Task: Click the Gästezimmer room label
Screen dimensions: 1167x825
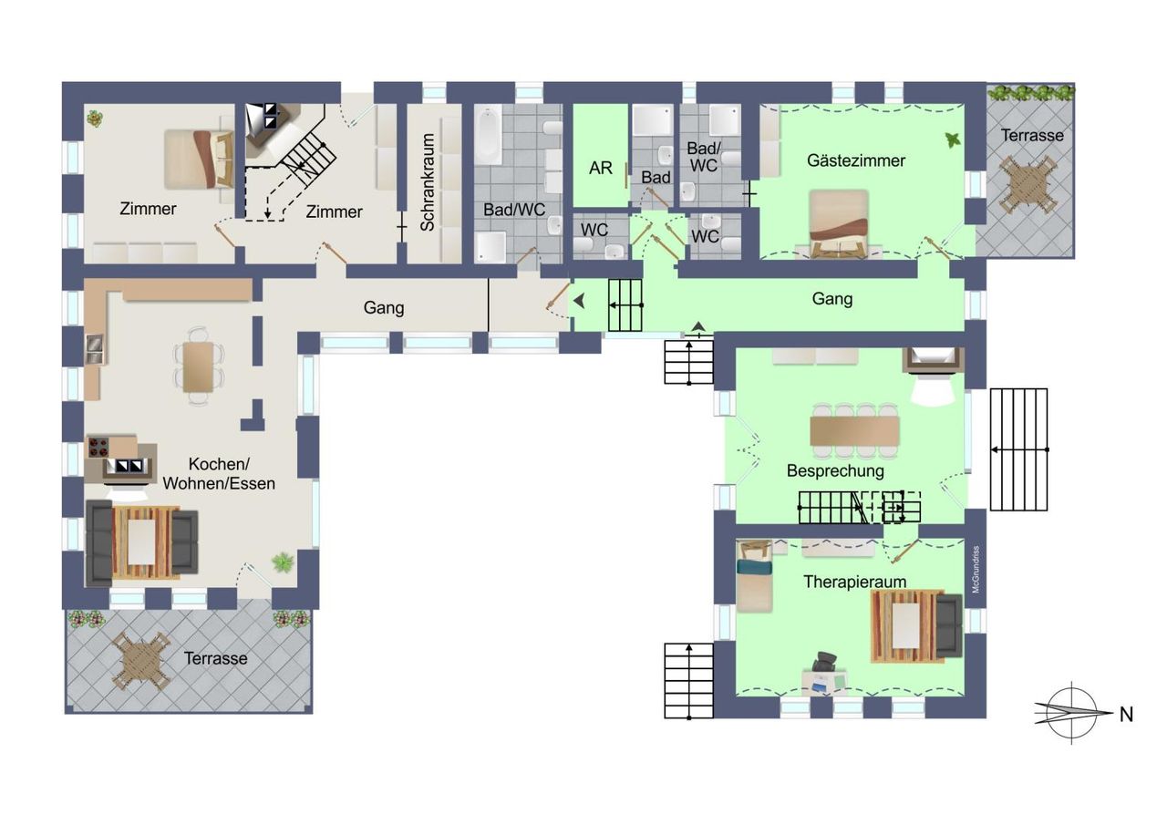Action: [x=856, y=161]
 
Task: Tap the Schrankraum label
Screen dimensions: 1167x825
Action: [x=428, y=182]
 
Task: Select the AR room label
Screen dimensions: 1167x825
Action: [x=601, y=169]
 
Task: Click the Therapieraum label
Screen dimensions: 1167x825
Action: [x=855, y=582]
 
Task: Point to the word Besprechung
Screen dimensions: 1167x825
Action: [x=835, y=471]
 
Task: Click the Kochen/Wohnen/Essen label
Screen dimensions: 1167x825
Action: [x=219, y=473]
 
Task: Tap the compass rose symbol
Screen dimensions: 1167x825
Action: [x=1072, y=713]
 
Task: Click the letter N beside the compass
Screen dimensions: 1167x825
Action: [x=1126, y=715]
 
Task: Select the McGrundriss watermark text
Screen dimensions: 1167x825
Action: [x=976, y=569]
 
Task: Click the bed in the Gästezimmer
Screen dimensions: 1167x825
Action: [x=838, y=224]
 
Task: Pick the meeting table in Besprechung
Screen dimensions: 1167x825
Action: [x=854, y=430]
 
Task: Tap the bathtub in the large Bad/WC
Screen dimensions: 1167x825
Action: [x=489, y=134]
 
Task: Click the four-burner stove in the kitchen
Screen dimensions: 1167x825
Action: [x=99, y=448]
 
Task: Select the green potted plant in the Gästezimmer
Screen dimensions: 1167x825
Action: [x=953, y=139]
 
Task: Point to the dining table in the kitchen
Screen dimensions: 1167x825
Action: [x=198, y=366]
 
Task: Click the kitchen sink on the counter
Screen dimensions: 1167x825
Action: [x=95, y=348]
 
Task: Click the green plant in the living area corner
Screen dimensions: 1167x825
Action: [x=283, y=562]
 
